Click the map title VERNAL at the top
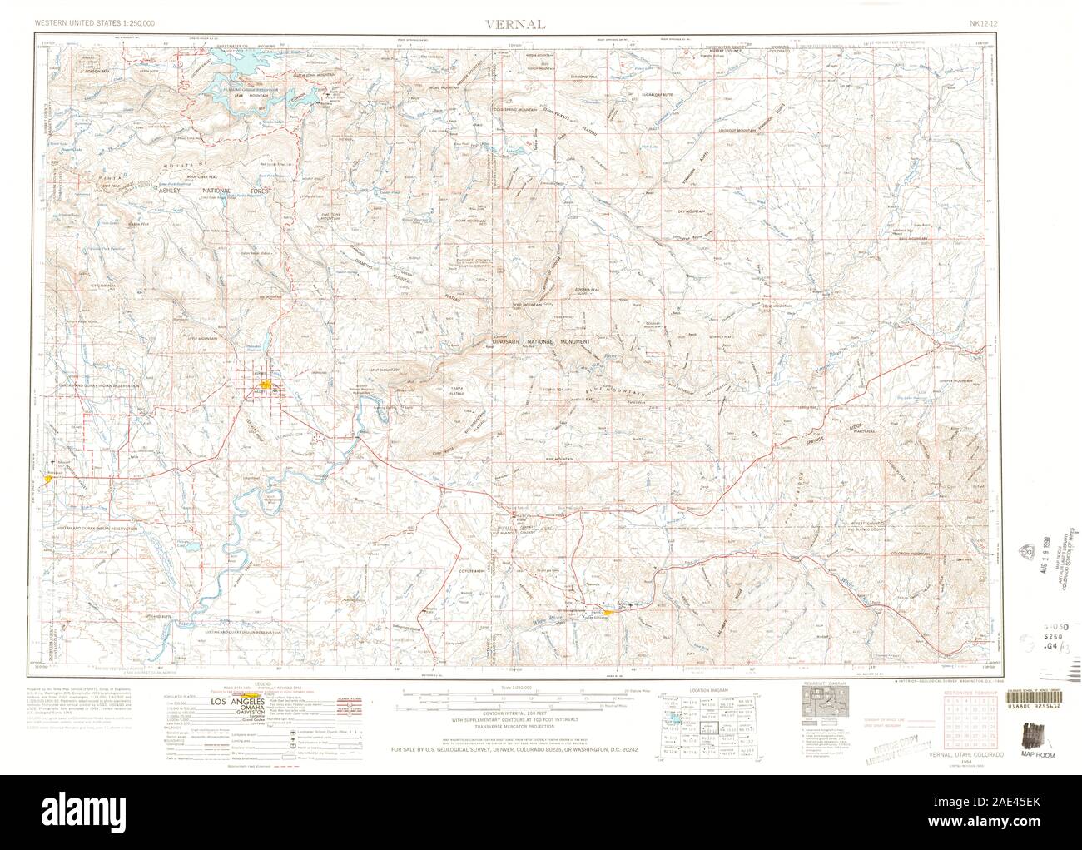(x=516, y=25)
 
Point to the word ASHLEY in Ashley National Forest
(x=170, y=190)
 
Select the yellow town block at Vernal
(x=265, y=385)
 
